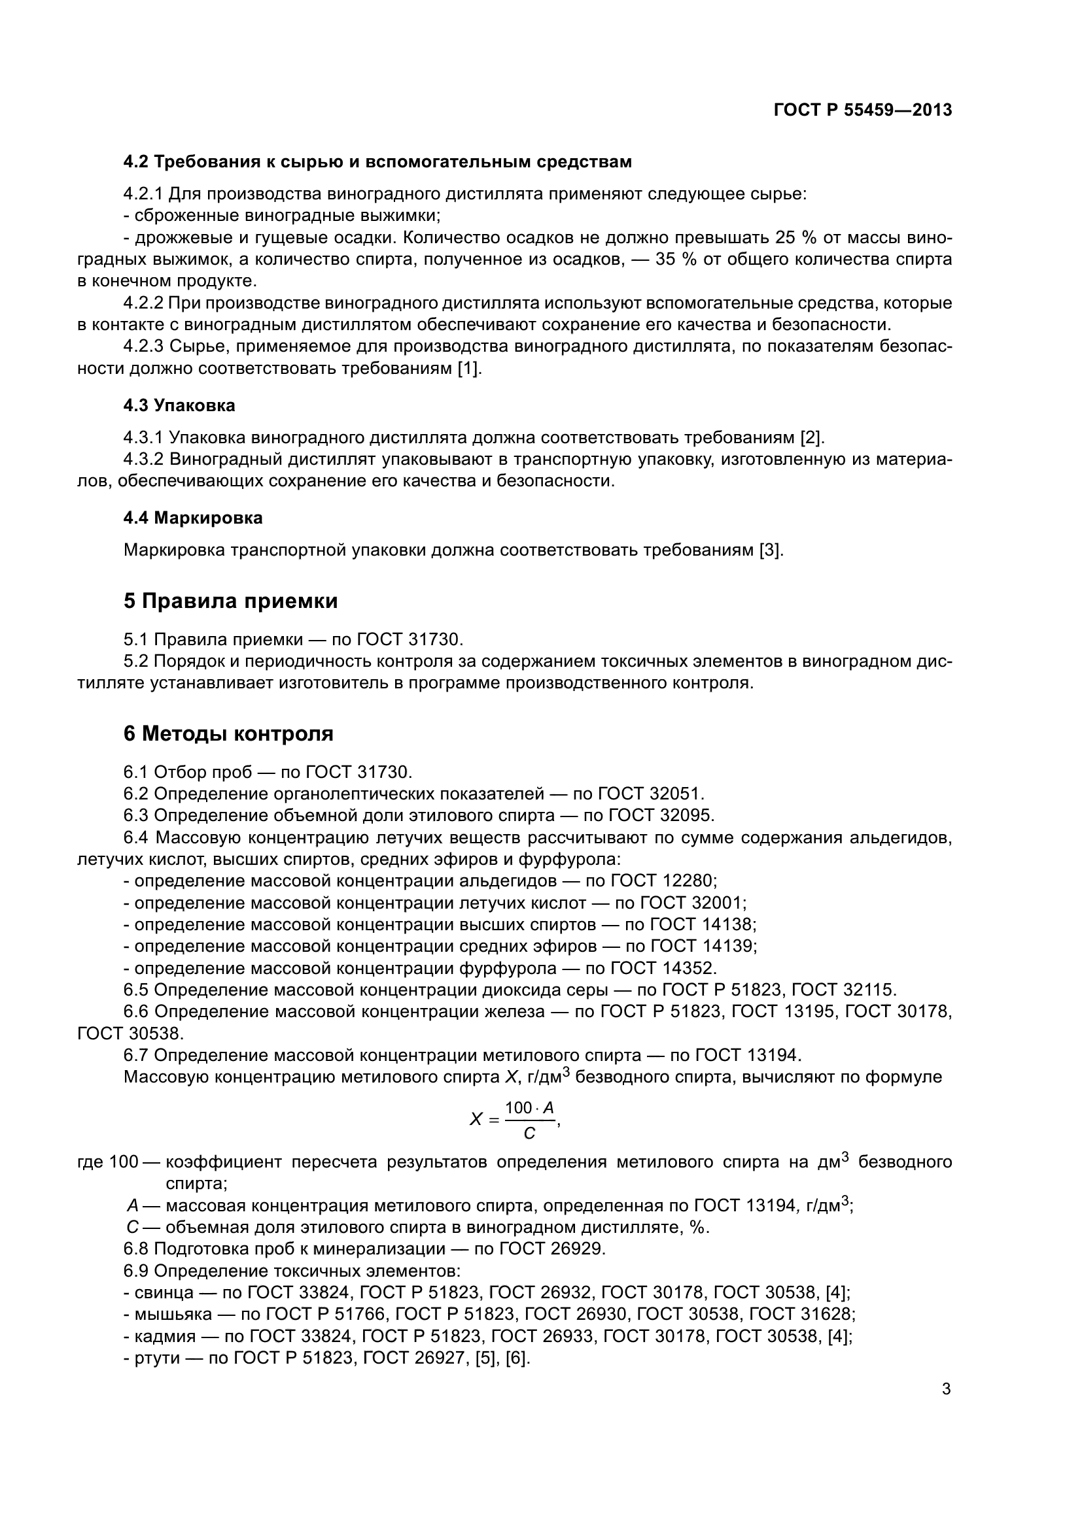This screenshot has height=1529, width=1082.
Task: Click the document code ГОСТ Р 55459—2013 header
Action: pos(863,110)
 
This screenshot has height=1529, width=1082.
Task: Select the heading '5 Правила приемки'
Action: pos(230,601)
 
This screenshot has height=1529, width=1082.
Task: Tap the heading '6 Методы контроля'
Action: pos(228,734)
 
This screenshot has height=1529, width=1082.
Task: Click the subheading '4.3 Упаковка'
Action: pos(179,405)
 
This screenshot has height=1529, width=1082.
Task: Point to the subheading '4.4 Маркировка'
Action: pos(192,518)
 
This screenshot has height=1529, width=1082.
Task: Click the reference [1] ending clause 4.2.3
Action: pos(468,368)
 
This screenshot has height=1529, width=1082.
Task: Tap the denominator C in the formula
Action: pos(529,1133)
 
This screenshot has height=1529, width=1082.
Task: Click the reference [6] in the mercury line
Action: pos(517,1358)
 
